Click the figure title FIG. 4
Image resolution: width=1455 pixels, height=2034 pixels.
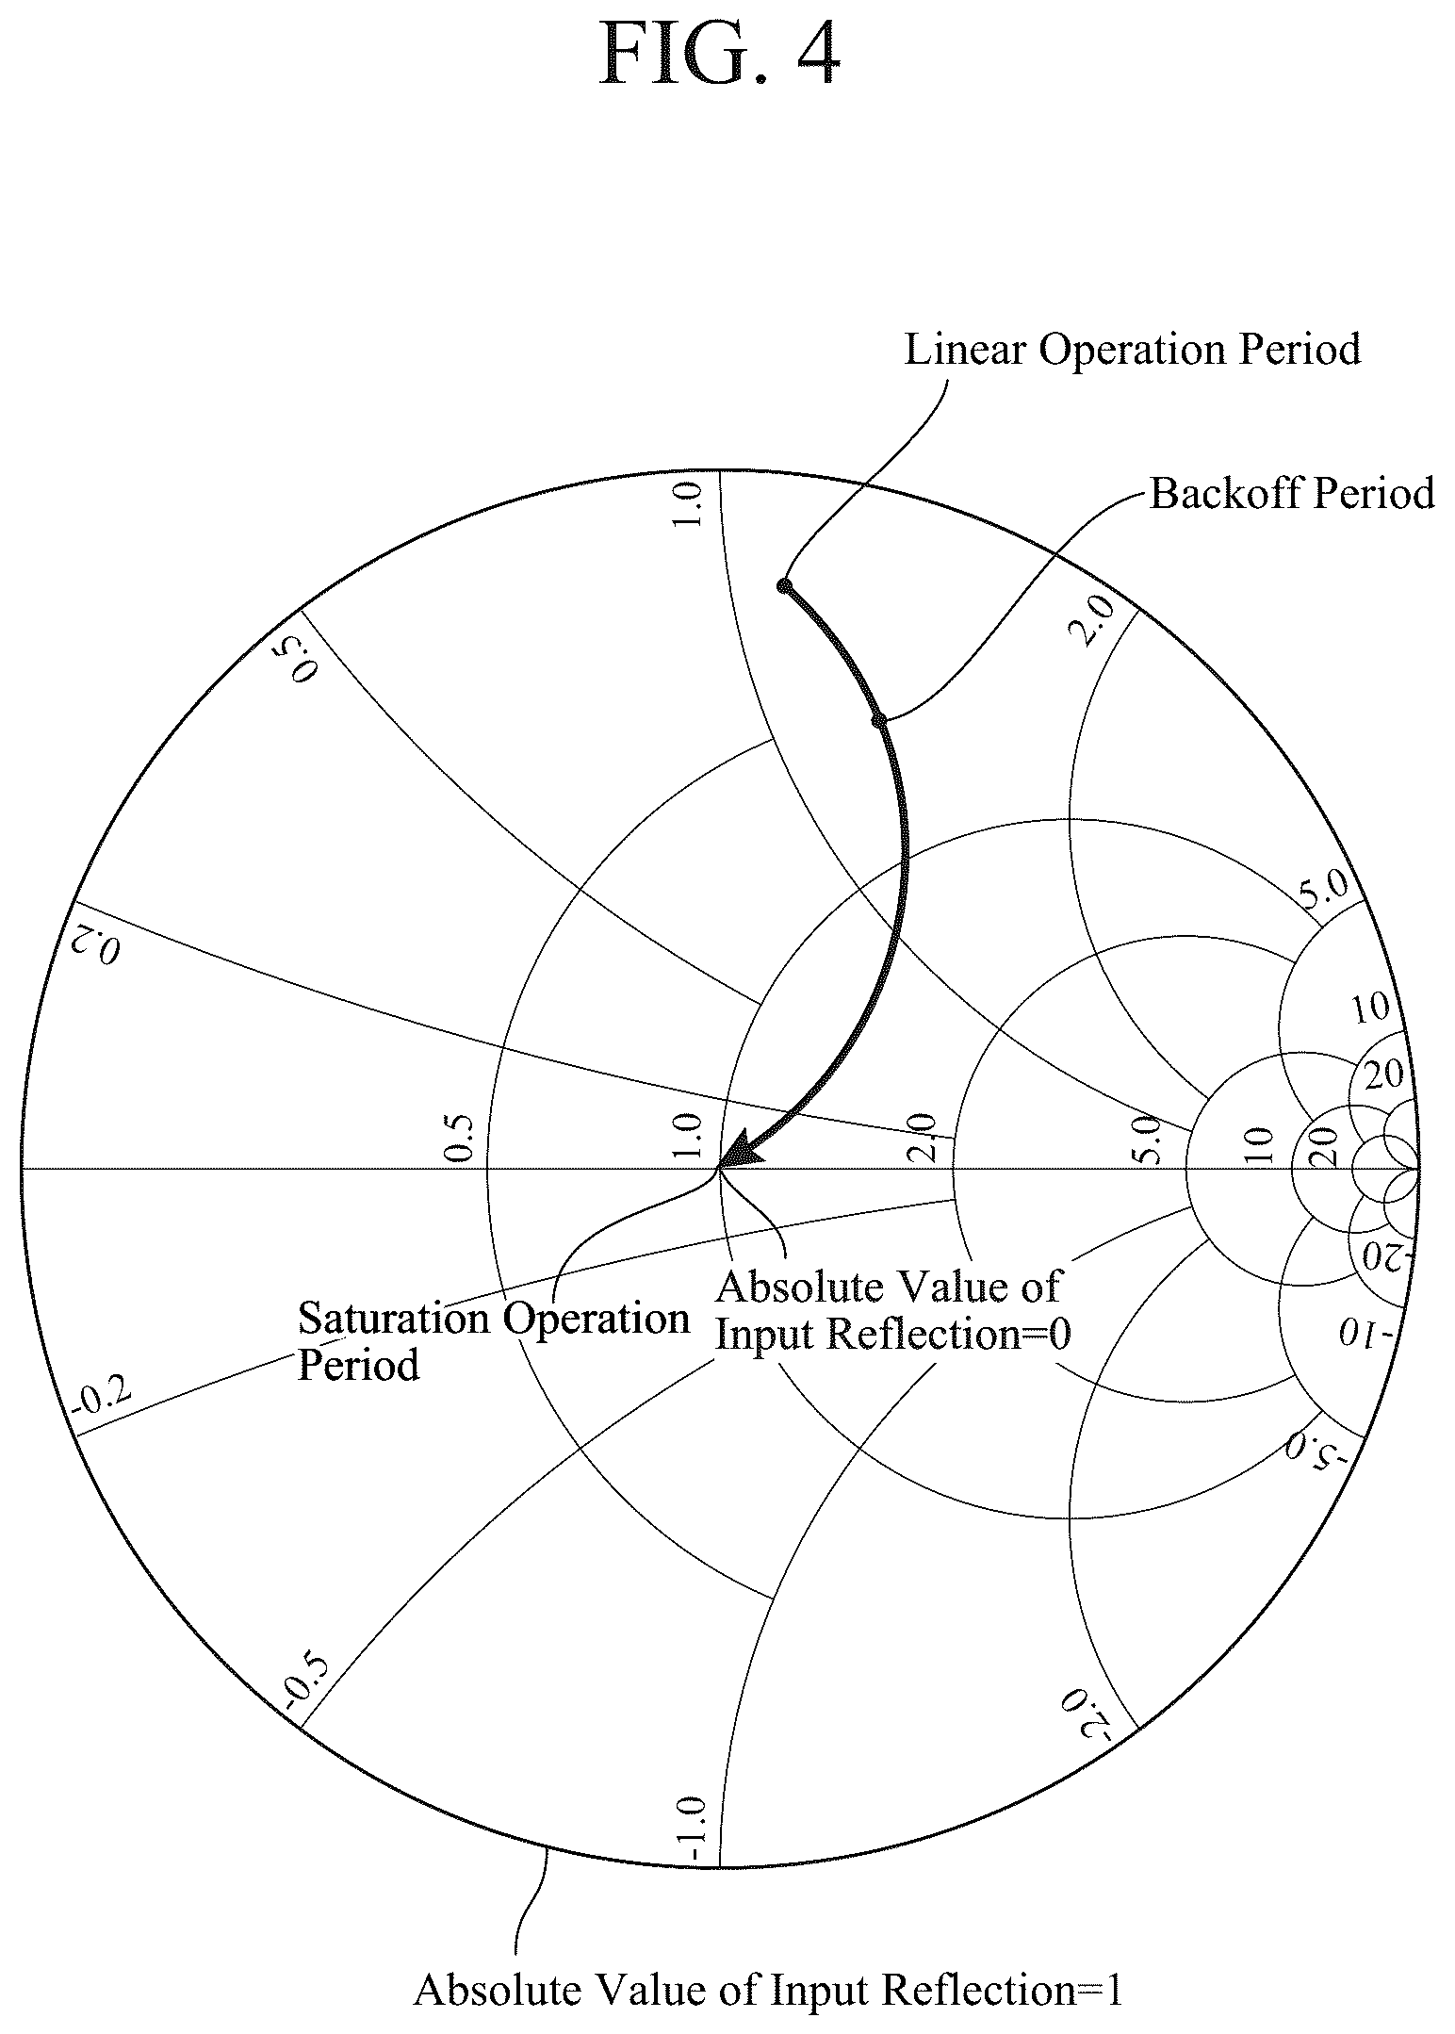[719, 54]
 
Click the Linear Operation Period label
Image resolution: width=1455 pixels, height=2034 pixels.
[1133, 349]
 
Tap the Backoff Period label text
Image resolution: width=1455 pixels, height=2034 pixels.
[1292, 493]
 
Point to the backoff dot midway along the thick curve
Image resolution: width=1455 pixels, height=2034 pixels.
[878, 721]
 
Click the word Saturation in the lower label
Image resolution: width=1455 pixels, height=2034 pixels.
[393, 1318]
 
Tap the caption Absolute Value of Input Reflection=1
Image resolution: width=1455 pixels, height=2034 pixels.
[768, 1991]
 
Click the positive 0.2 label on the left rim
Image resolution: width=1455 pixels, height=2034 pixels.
[99, 944]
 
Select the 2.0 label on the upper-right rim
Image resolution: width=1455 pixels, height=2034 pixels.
[1096, 620]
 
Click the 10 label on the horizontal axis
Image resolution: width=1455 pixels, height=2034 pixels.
[1260, 1144]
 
